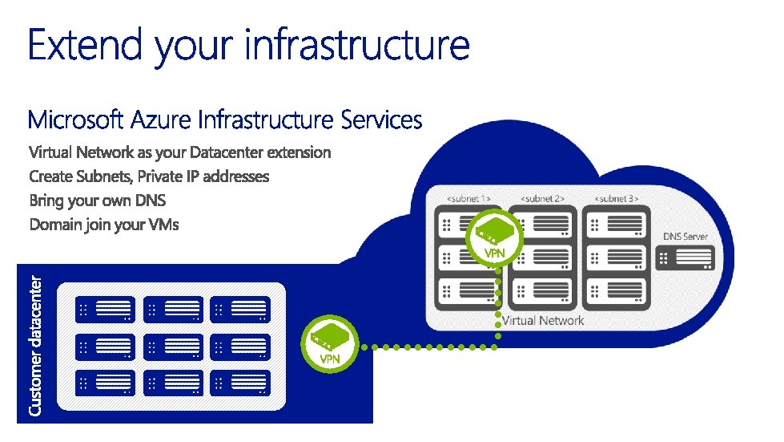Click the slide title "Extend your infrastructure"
248,44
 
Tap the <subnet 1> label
469,198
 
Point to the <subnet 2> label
543,198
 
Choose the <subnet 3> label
617,198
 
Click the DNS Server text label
685,237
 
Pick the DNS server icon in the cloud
685,258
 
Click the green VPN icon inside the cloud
494,233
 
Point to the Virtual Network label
543,321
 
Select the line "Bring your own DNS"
98,201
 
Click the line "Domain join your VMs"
104,225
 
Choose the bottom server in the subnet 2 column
543,293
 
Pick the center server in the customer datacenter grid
173,347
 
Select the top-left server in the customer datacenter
105,310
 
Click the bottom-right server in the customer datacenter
240,383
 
